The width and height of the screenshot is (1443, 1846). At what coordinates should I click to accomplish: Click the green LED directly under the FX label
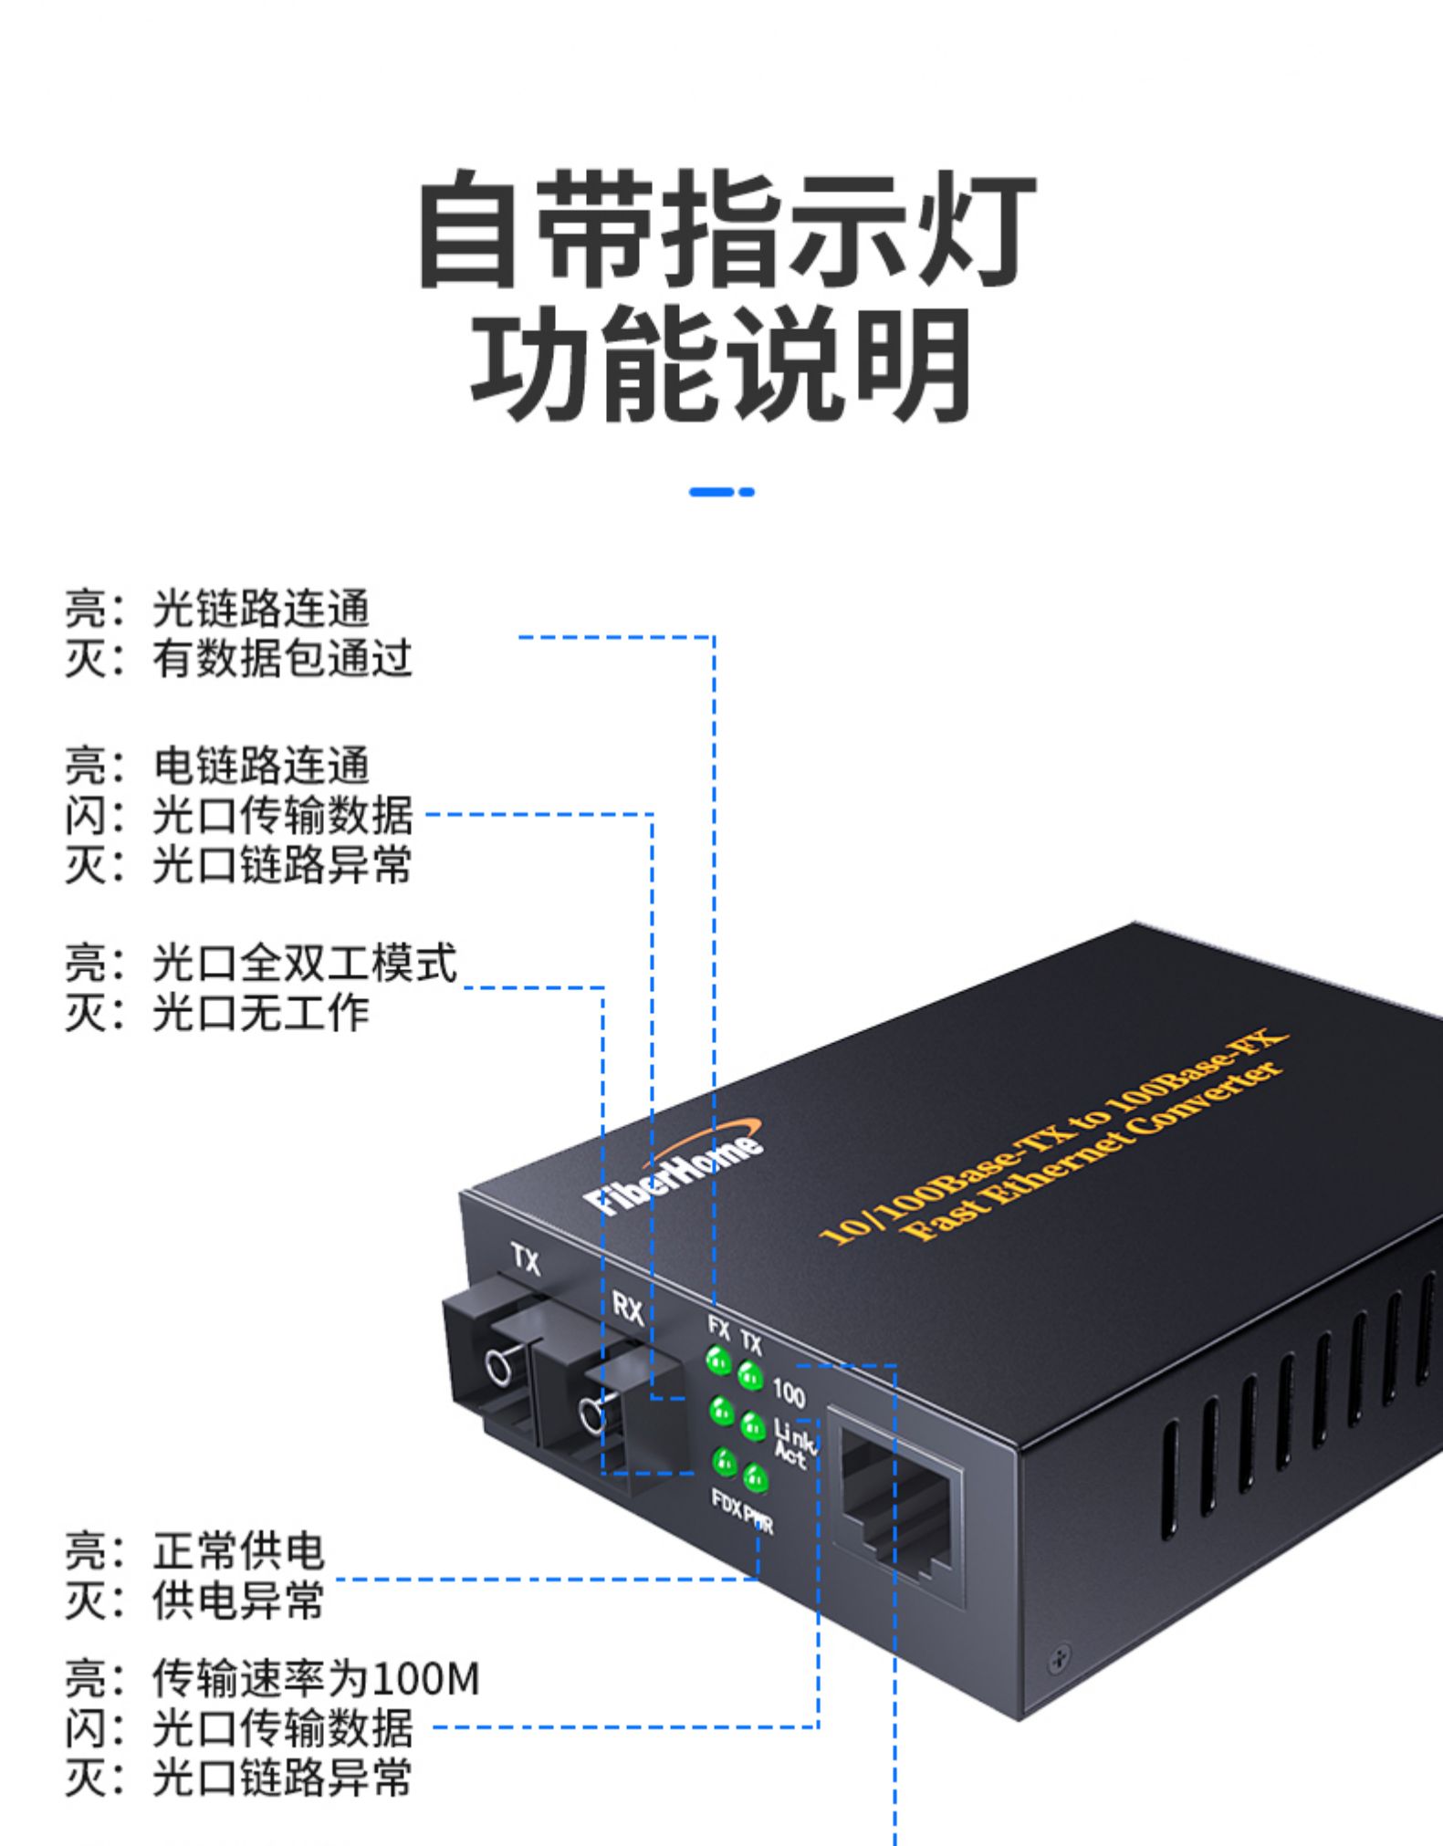[x=719, y=1361]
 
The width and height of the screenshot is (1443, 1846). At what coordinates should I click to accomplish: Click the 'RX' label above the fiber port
[x=627, y=1310]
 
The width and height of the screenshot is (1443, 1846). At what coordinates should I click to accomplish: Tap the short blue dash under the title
[x=721, y=492]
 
